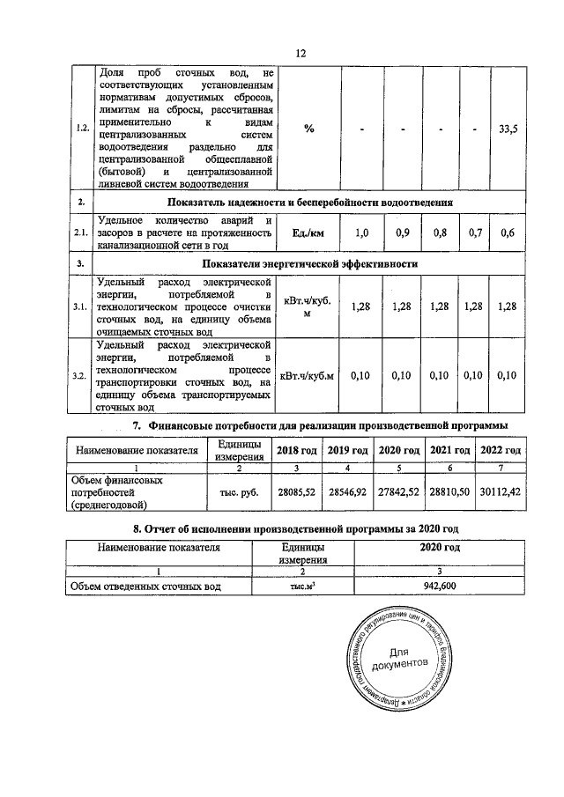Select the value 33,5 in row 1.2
click(x=508, y=129)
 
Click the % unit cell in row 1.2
click(x=309, y=129)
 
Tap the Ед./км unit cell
click(x=309, y=233)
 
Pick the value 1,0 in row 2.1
click(x=361, y=233)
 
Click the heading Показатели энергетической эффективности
click(x=309, y=263)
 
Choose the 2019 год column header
click(x=348, y=450)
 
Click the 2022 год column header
click(x=501, y=450)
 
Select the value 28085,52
click(x=297, y=493)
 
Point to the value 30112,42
click(x=501, y=493)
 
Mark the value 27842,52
click(x=399, y=493)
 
